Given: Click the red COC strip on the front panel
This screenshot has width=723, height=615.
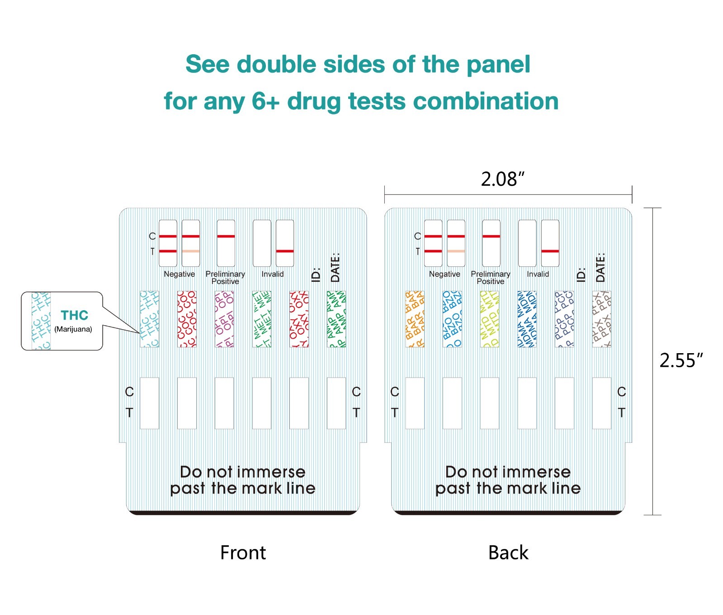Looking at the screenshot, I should pos(187,319).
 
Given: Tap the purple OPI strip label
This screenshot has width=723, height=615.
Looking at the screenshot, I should pos(224,319).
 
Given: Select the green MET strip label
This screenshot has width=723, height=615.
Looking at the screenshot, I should pos(262,319).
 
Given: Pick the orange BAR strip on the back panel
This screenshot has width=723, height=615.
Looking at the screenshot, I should pos(415,319).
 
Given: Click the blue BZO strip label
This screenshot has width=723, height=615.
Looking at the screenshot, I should pos(452,319).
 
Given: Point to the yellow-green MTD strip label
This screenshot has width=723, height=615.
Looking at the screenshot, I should pos(490,319).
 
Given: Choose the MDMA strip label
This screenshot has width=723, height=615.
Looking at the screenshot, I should pos(527,319).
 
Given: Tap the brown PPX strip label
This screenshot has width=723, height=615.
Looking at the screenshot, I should pos(602,319).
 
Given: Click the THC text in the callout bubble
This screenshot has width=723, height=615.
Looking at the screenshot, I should pos(74,315).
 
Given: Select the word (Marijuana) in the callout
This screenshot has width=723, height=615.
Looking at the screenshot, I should pos(73,329).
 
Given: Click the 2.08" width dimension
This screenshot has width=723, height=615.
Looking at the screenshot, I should pos(502,179).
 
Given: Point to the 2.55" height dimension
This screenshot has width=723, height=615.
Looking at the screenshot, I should pos(681,360).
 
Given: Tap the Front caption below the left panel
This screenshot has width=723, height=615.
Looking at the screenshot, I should pos(243,553).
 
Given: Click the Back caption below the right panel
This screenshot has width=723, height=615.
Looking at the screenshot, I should pos(508,553).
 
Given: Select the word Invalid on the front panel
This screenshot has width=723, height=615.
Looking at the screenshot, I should pos(273,274).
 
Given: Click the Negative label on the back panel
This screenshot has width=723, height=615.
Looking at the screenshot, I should pos(444,274).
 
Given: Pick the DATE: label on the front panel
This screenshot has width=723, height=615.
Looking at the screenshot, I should pos(335,267).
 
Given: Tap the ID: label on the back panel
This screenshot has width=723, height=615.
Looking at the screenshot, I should pos(581,274).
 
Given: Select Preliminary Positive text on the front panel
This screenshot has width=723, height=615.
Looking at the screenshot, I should pos(225,278).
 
